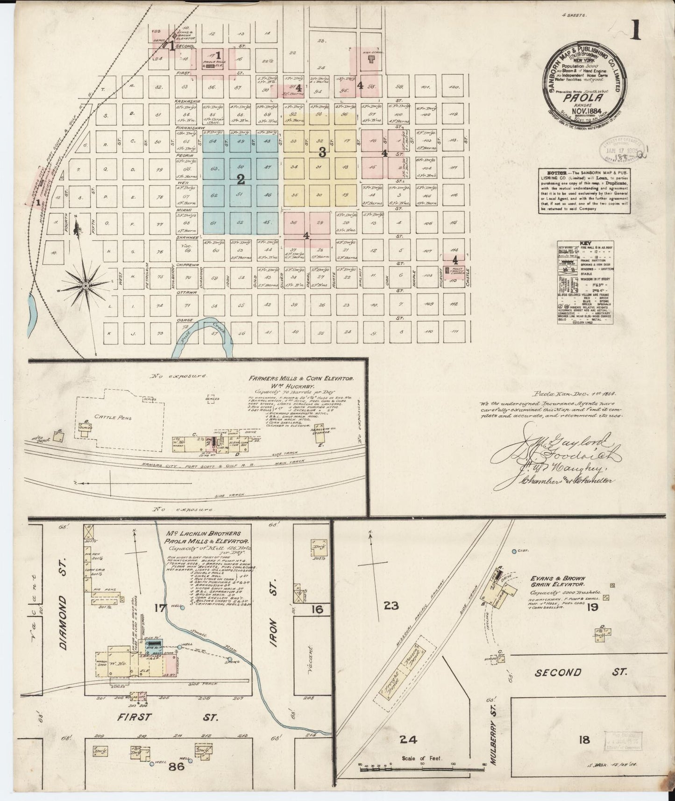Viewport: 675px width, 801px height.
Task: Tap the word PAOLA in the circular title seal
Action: coord(584,98)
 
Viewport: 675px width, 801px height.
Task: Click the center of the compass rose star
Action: coord(86,284)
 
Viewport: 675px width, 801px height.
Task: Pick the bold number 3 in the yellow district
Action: coord(321,152)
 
